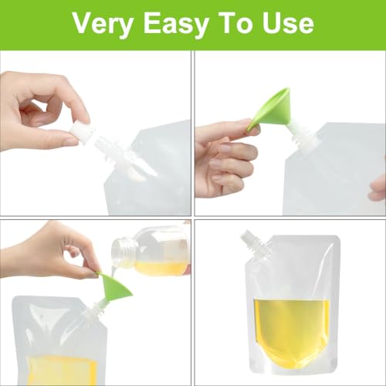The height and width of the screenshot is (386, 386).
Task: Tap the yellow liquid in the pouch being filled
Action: (x=54, y=371)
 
